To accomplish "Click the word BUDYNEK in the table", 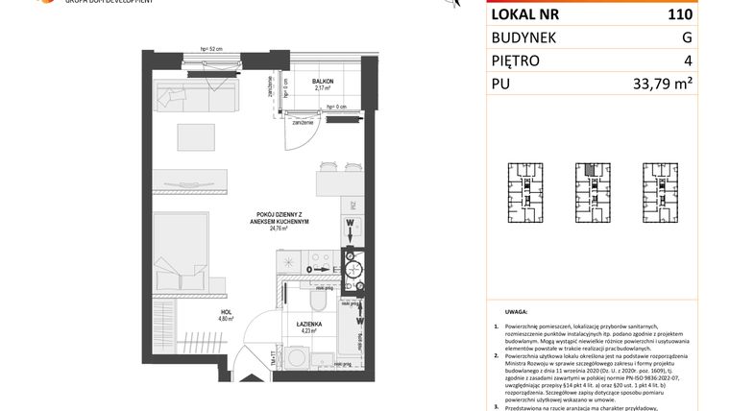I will point(527,38).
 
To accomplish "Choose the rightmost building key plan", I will point(663,192).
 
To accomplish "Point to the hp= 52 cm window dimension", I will point(210,50).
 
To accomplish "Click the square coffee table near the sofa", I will point(200,136).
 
